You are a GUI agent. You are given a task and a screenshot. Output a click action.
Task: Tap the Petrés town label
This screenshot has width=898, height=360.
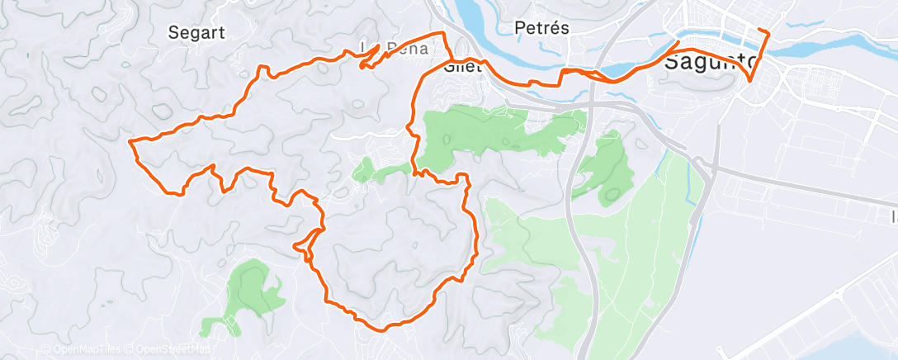[x=541, y=27]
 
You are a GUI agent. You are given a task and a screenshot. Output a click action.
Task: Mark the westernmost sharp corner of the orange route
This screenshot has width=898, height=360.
[x=131, y=143]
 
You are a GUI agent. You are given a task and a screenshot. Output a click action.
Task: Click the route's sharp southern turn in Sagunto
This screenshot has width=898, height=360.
[x=749, y=81]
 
